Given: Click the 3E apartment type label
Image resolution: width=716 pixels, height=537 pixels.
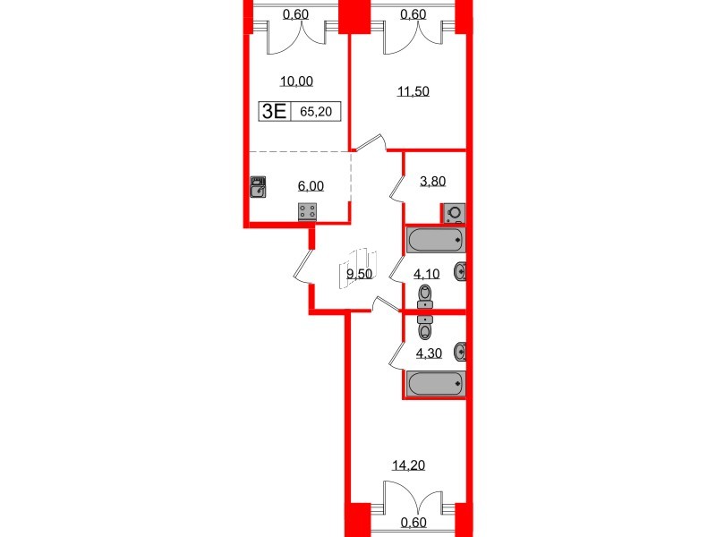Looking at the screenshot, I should coord(274,112).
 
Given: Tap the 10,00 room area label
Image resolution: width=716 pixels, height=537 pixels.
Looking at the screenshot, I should coord(296,81).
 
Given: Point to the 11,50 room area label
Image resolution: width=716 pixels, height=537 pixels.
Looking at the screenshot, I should coord(413,90).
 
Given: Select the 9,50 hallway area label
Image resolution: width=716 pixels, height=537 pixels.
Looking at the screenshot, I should coord(359,275).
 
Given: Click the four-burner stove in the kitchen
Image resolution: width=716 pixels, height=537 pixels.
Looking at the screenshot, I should coord(308,212).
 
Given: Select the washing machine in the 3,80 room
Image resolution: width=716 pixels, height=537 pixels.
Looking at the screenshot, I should coord(454,213).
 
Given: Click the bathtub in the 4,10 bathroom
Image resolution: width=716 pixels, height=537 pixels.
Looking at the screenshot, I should coord(436,239).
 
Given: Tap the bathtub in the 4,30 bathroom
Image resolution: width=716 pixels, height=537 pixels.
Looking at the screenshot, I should coord(436,384).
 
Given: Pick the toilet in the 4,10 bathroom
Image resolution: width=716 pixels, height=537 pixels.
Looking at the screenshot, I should coord(426,296).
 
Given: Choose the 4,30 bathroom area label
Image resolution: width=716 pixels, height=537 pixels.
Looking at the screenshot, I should coord(430,353).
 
